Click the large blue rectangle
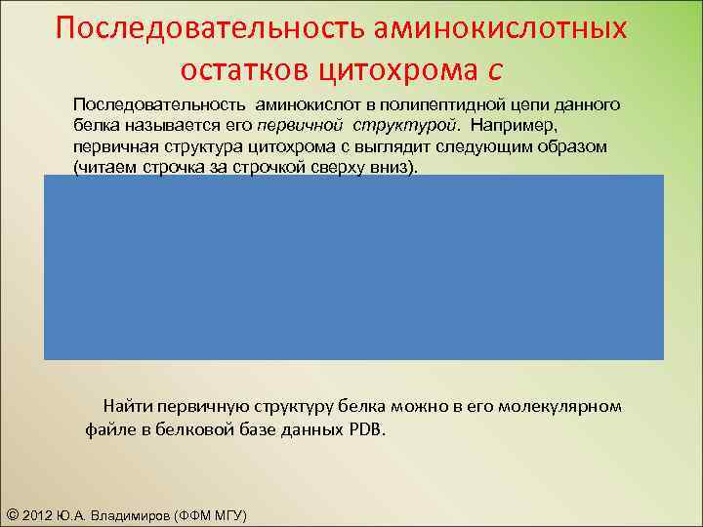tap(353, 267)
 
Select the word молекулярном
tap(559, 405)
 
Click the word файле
tap(106, 428)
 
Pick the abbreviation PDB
tap(366, 428)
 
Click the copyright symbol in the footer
tap(12, 514)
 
